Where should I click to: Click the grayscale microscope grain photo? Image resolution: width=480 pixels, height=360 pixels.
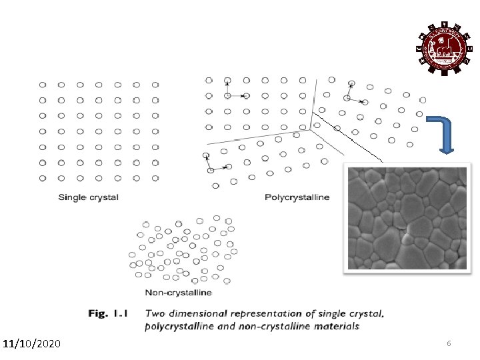tap(406, 217)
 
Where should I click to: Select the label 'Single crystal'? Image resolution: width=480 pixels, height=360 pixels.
tap(89, 197)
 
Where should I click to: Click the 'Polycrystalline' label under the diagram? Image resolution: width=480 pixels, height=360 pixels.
tap(297, 197)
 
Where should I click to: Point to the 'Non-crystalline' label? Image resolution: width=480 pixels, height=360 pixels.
tap(178, 292)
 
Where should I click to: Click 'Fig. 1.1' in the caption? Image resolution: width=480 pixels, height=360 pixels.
tap(109, 313)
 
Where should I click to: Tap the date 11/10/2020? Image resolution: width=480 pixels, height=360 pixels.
tap(31, 344)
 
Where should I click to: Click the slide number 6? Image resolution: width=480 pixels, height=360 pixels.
tap(449, 343)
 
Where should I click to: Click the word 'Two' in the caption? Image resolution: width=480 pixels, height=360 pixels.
tap(155, 313)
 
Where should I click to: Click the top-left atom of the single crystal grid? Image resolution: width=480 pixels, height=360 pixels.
tap(43, 85)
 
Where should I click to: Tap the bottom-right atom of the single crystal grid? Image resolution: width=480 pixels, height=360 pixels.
tap(155, 178)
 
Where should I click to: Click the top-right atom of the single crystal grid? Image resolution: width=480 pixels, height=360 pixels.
tap(155, 85)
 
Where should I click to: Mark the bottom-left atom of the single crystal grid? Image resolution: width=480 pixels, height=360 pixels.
tap(43, 178)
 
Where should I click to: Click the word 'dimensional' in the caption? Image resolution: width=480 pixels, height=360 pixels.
tap(197, 313)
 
